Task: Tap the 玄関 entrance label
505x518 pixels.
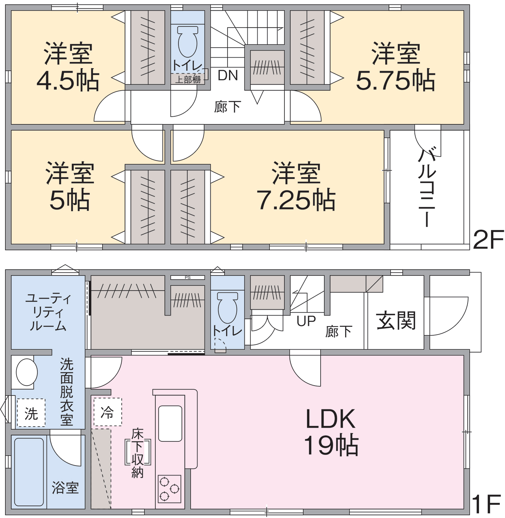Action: coord(396,320)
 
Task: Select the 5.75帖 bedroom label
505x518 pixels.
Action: coord(396,67)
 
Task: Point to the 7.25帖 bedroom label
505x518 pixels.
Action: coord(296,187)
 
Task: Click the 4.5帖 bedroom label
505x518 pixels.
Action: coord(68,67)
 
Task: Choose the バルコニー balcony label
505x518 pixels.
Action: coord(427,188)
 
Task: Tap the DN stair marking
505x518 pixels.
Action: coord(228,75)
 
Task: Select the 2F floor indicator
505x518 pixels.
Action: coord(488,240)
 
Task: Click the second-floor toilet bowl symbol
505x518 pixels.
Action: coord(188,41)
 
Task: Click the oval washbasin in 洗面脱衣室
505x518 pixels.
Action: coord(27,372)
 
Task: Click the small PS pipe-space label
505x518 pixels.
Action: coord(188,277)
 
